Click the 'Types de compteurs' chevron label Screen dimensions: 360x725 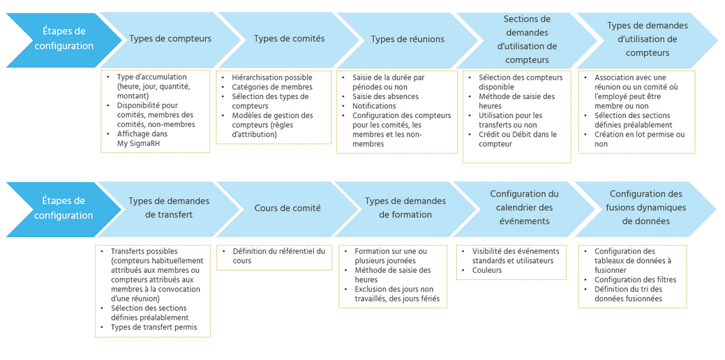click(170, 39)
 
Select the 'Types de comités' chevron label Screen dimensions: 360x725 click(289, 39)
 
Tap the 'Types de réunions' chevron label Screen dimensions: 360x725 click(408, 39)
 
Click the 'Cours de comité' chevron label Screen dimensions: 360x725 click(287, 208)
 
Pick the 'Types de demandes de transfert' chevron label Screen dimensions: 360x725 click(169, 208)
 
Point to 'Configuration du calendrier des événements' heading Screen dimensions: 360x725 click(524, 208)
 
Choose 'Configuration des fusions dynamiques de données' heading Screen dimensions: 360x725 click(645, 208)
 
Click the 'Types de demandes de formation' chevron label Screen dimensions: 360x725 click(405, 208)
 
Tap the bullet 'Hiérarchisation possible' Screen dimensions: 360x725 click(272, 77)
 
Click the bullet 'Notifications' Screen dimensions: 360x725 click(374, 106)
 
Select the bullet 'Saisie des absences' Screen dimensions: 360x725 click(385, 96)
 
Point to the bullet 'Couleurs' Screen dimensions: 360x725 click(486, 270)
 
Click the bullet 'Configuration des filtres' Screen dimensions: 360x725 click(635, 280)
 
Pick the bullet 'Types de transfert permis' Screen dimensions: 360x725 click(154, 327)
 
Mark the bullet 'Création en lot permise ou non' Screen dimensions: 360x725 click(639, 139)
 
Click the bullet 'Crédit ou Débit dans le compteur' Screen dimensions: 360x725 click(517, 139)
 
